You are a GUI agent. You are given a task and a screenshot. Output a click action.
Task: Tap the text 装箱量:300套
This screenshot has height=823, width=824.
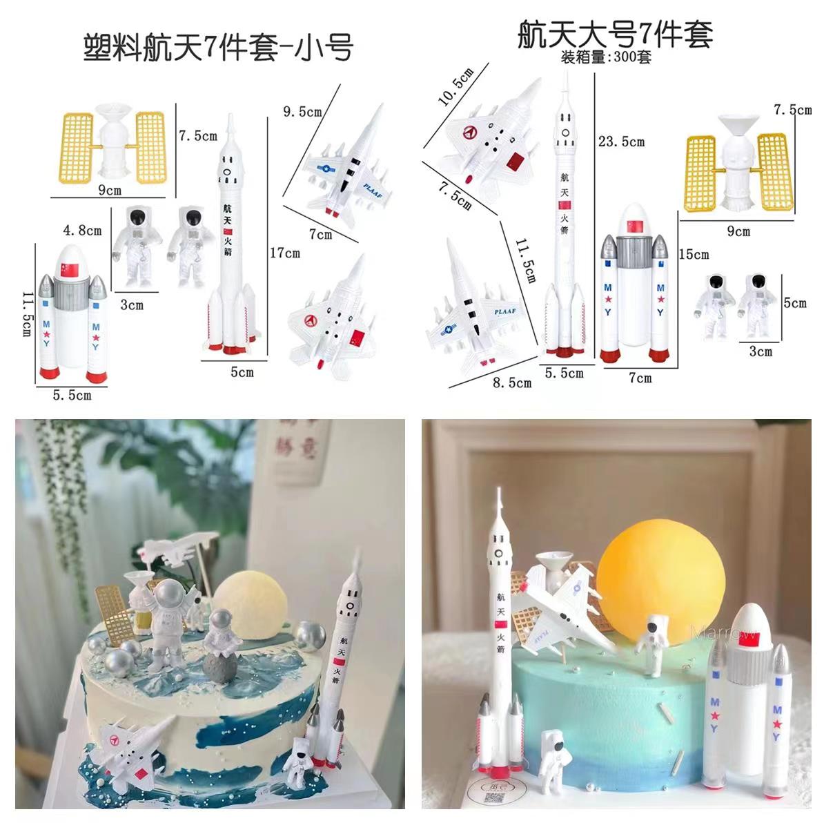click(607, 57)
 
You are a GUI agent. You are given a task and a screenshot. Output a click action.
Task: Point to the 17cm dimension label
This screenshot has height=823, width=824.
click(284, 253)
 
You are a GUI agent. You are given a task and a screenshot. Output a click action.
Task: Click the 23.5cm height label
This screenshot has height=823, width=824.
click(621, 142)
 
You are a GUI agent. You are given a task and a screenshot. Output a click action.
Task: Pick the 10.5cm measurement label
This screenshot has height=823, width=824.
click(456, 87)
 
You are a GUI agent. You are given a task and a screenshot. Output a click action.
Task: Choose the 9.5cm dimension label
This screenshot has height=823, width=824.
click(302, 110)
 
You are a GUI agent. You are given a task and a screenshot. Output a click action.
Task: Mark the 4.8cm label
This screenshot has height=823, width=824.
click(82, 230)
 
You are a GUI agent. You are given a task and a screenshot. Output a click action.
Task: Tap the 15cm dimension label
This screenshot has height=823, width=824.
click(693, 254)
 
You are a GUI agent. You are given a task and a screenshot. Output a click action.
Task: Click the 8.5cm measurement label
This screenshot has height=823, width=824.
click(512, 382)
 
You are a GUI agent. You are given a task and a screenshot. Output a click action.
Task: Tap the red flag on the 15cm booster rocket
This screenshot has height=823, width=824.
click(633, 227)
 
